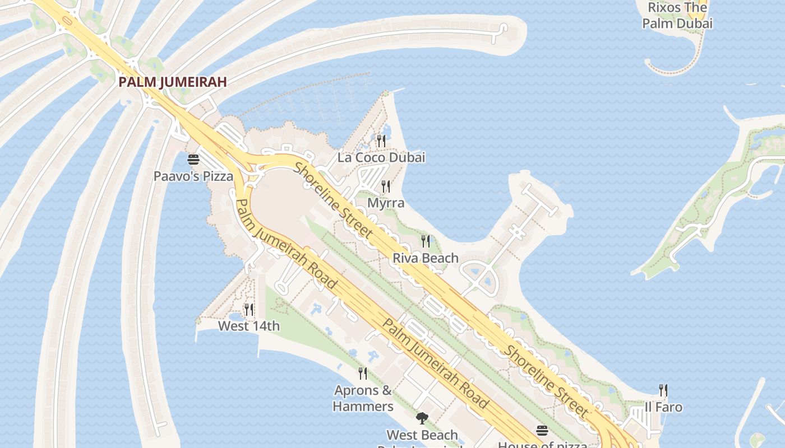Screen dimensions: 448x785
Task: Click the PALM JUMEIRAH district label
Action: [173, 82]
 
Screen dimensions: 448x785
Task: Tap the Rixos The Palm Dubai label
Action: [677, 16]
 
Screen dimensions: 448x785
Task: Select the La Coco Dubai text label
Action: [381, 157]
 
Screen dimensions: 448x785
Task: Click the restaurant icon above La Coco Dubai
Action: [381, 141]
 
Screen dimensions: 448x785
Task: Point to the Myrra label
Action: [386, 203]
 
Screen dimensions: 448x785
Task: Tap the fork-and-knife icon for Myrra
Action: [386, 186]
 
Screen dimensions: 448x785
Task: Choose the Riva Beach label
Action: [426, 258]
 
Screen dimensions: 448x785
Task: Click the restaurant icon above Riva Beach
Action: [426, 241]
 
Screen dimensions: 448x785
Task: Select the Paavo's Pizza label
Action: [193, 176]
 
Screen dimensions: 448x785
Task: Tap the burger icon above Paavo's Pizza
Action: [193, 160]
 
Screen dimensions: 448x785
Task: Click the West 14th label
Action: [248, 326]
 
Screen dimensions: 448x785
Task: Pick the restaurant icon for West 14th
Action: [248, 309]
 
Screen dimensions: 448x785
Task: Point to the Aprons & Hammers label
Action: [363, 398]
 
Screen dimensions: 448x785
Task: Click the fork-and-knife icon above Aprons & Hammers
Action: [363, 373]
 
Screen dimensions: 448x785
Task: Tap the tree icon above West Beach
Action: [422, 418]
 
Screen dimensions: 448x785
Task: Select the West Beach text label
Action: [422, 435]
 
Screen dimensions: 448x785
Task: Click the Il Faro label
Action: [663, 407]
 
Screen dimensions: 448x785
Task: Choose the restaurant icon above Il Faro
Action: [663, 390]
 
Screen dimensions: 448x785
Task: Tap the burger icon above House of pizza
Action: [542, 431]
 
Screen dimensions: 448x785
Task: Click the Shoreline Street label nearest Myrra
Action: [333, 199]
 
